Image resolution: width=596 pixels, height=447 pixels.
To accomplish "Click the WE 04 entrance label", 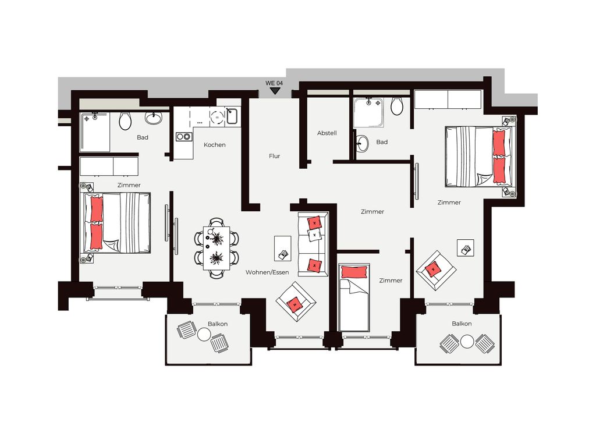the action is tap(274, 83).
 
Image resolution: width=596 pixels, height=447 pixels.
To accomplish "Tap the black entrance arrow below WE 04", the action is tap(275, 91).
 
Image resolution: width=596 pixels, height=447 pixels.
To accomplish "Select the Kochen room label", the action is tap(214, 145).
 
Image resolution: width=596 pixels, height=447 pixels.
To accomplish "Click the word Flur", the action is tap(275, 156).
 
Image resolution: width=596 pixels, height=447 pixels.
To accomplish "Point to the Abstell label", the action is tap(327, 133).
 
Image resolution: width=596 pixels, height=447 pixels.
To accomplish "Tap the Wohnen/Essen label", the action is tap(267, 272).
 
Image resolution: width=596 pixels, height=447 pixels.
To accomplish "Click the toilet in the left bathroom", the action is tap(126, 121).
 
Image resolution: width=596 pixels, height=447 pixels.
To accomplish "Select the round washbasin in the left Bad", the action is tap(154, 118).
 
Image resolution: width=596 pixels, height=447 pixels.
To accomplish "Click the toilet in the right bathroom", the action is tap(397, 106).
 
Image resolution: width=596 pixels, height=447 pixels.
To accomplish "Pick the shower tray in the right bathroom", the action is tap(368, 113).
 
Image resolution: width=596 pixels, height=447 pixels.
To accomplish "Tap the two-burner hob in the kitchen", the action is tap(184, 136).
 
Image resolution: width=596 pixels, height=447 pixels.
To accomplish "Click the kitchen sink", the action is tap(232, 116).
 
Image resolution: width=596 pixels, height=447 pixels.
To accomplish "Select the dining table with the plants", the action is tap(217, 248).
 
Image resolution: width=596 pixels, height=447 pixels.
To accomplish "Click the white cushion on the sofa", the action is tap(314, 235).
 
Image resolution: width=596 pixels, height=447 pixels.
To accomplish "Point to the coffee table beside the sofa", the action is tap(283, 248).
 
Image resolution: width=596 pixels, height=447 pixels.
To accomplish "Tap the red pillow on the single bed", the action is tap(354, 272).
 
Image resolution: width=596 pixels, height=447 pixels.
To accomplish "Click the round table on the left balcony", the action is tap(204, 335).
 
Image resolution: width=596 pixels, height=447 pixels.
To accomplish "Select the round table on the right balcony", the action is tap(467, 341).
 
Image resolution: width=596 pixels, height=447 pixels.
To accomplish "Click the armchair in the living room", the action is tap(296, 302).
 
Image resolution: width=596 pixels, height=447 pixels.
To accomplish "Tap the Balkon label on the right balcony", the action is tap(462, 324).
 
